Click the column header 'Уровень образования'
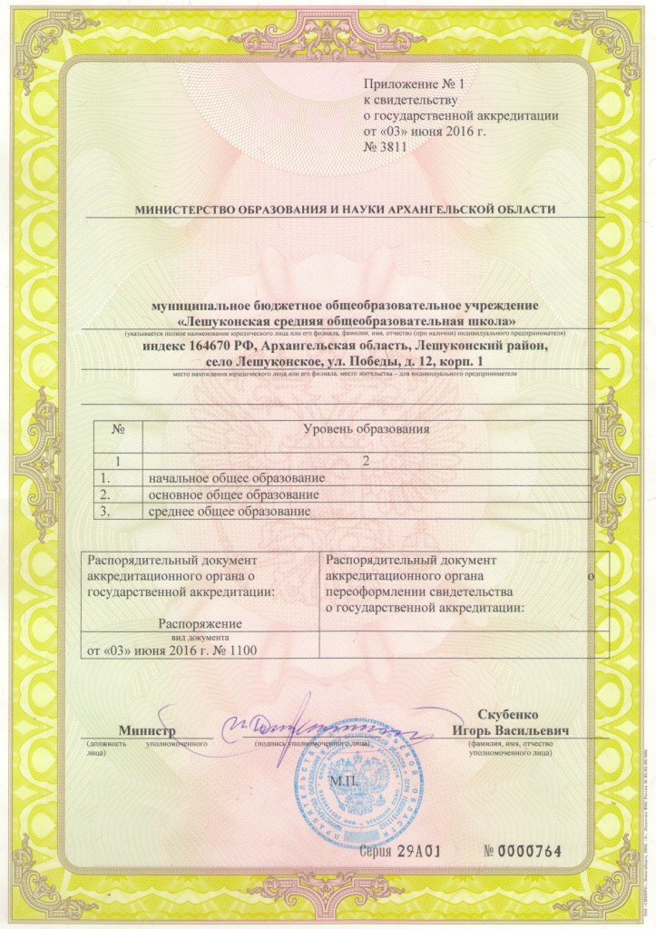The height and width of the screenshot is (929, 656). [x=365, y=429]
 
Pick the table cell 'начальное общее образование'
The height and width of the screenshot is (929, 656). [x=236, y=478]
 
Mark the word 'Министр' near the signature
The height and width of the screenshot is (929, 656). [x=146, y=730]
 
